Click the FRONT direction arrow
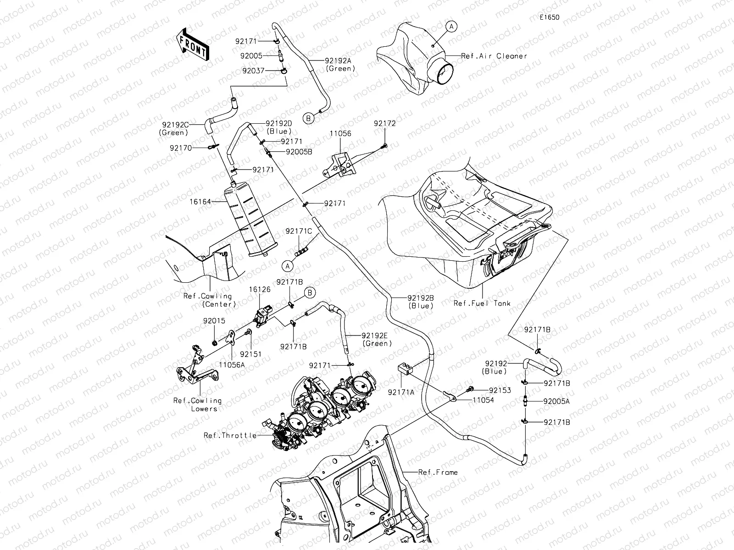click(x=193, y=44)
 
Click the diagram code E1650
click(x=549, y=17)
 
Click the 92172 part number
click(x=384, y=123)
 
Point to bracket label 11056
click(x=340, y=134)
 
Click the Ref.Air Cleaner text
click(x=494, y=56)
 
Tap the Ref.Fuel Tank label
click(x=482, y=303)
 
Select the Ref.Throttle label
click(x=230, y=435)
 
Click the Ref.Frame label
click(x=438, y=472)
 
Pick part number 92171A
click(x=401, y=392)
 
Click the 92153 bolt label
click(x=500, y=390)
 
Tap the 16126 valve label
click(x=260, y=290)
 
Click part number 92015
click(x=214, y=321)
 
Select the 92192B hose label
click(x=420, y=297)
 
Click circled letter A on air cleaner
click(x=451, y=27)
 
